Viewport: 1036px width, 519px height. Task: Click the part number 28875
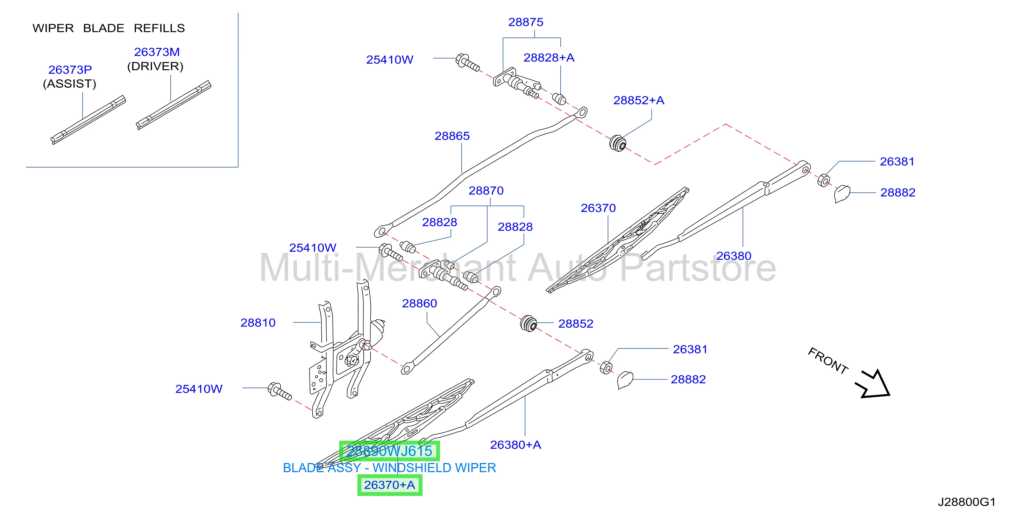click(526, 22)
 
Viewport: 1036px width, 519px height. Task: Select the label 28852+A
click(639, 100)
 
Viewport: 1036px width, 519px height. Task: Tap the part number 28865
click(452, 136)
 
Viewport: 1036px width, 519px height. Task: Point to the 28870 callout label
click(486, 191)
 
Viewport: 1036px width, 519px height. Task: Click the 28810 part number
click(258, 322)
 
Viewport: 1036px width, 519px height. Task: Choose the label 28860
click(419, 303)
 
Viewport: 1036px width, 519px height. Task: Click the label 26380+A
click(516, 445)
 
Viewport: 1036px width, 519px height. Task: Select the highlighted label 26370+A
click(390, 485)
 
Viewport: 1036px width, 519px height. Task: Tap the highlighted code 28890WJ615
click(389, 451)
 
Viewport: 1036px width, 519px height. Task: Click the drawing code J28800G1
click(966, 502)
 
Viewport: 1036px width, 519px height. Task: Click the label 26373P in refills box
click(70, 70)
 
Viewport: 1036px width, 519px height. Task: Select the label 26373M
click(157, 52)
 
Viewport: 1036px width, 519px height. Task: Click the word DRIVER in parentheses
click(155, 66)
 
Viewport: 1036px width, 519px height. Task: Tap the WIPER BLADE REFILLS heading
click(108, 28)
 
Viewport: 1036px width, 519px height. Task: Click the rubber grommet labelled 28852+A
click(618, 143)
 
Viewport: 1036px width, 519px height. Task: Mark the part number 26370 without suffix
click(598, 208)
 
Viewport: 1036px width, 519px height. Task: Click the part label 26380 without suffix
click(733, 256)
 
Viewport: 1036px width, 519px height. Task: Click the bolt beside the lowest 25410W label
click(280, 391)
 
